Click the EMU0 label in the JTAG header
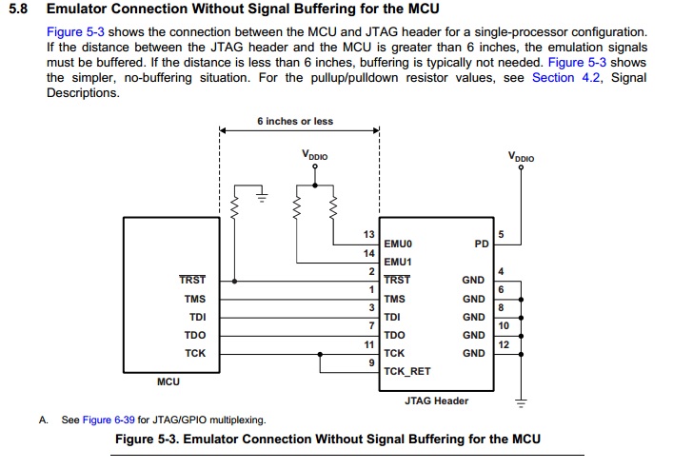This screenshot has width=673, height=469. (397, 244)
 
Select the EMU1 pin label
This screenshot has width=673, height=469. (397, 262)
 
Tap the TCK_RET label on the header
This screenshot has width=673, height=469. (406, 371)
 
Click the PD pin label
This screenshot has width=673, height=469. (481, 244)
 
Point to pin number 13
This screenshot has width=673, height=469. (369, 234)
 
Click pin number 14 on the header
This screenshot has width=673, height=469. (369, 253)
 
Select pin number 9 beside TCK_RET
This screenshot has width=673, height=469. (370, 362)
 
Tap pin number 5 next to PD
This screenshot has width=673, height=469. (502, 234)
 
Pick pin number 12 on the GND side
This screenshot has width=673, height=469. (503, 343)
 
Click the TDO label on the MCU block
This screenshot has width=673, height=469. (195, 335)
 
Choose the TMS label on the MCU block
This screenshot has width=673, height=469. (195, 299)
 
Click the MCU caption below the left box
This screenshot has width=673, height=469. (168, 382)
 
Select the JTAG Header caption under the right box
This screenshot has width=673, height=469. (437, 401)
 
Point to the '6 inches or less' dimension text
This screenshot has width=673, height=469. (295, 122)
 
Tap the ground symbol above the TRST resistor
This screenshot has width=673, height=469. (261, 196)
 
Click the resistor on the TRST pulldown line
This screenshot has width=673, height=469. (235, 205)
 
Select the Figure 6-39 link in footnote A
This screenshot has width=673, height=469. (110, 419)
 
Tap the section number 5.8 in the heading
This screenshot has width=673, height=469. (19, 10)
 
